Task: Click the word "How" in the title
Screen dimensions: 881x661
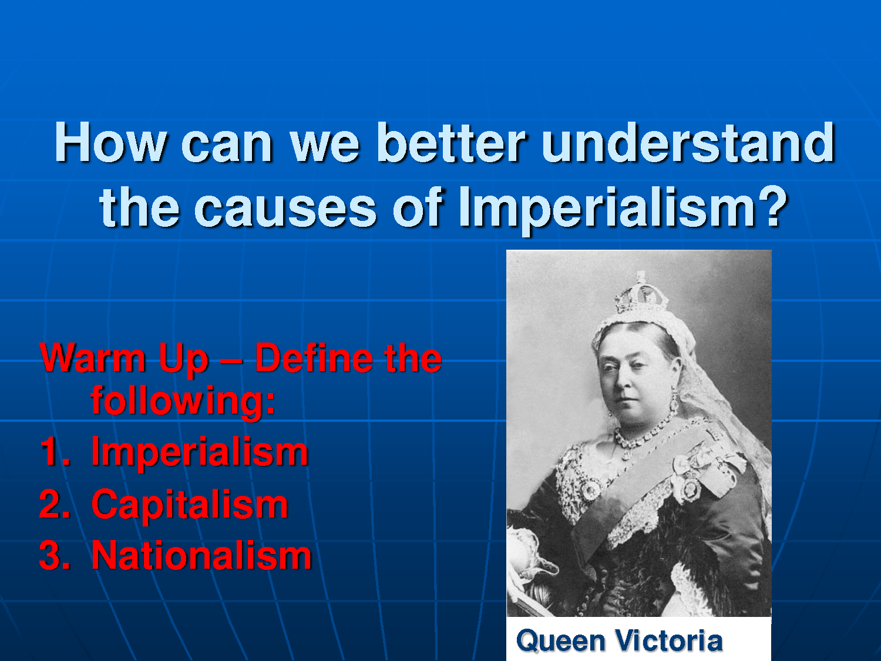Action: click(110, 142)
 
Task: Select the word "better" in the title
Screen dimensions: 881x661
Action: click(450, 142)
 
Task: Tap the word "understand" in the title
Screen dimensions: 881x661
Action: click(688, 142)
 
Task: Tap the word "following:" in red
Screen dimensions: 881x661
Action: click(183, 401)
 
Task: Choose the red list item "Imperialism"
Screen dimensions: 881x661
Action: click(200, 452)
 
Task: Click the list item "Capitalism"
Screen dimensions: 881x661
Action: click(190, 505)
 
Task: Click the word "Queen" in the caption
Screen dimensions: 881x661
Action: click(560, 641)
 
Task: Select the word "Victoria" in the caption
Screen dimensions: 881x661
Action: click(669, 640)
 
